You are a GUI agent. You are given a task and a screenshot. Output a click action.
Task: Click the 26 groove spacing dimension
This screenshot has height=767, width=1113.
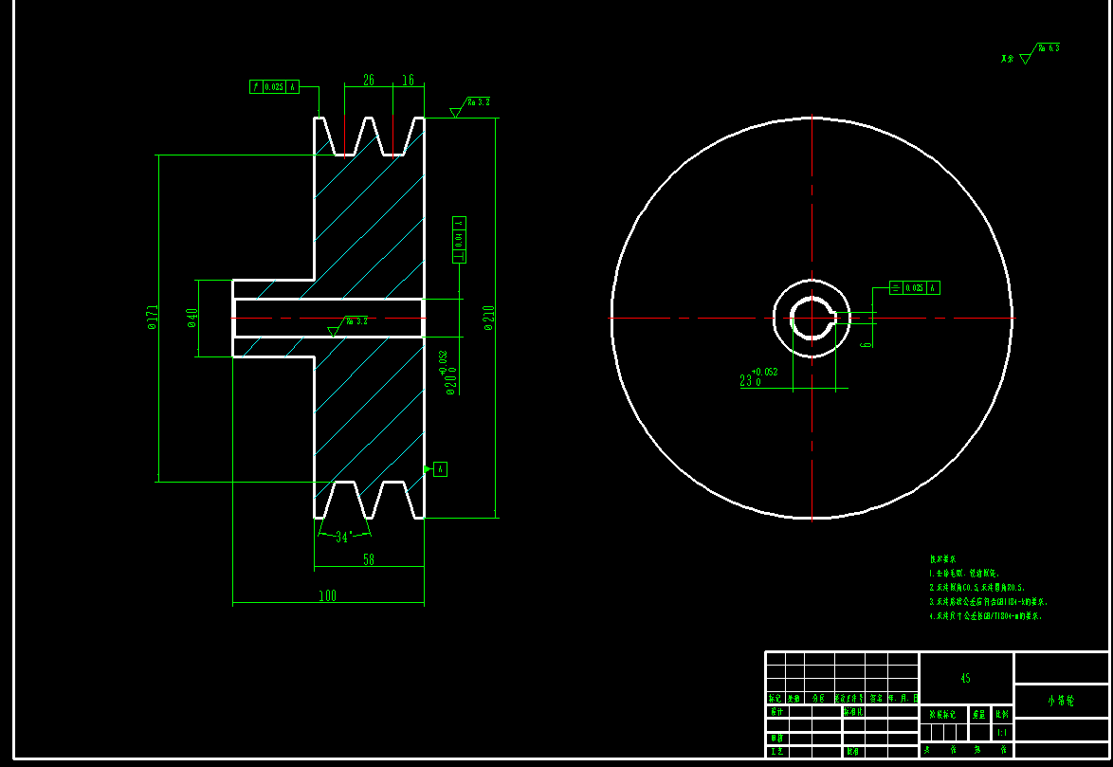pos(369,81)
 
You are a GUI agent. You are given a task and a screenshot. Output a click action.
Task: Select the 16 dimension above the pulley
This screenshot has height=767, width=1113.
pos(408,81)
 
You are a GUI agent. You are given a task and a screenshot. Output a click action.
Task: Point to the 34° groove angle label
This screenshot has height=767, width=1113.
pos(343,537)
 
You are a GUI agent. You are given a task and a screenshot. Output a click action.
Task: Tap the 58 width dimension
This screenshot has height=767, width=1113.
pos(369,560)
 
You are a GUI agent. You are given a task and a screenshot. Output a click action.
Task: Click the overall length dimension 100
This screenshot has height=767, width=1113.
pos(327,596)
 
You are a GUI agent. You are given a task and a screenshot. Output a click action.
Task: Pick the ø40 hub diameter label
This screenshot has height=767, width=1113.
pos(192,318)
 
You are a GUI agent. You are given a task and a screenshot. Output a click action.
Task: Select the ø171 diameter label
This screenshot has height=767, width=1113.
pos(152,318)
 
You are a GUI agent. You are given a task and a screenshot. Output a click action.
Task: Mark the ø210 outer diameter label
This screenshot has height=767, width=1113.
pos(489,318)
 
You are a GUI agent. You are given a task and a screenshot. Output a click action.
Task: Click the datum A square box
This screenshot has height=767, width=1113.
pos(440,468)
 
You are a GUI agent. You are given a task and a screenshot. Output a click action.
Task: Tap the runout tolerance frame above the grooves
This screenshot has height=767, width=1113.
pos(274,86)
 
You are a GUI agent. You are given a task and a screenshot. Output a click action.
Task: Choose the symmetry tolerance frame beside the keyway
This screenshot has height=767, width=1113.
pos(914,287)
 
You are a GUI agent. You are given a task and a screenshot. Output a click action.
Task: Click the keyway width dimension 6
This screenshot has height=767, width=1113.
pos(866,338)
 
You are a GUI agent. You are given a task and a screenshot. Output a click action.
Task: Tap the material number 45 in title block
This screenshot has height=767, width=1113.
pos(965,678)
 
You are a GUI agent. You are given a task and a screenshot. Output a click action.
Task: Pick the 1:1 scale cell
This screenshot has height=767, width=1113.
pos(1002,732)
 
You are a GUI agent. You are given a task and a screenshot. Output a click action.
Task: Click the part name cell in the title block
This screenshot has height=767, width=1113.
pos(1060,701)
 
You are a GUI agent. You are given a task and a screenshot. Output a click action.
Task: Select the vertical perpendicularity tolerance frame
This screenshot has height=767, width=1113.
pos(460,239)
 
